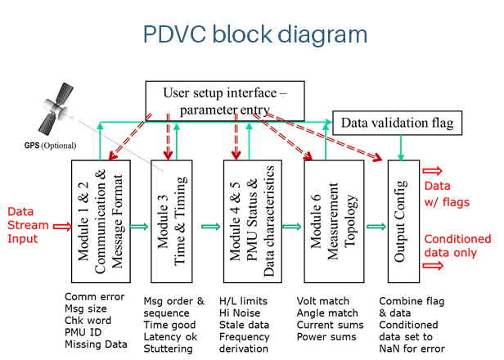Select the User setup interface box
(225, 101)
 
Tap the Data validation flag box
(397, 123)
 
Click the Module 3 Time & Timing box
(172, 222)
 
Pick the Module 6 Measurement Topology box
(334, 222)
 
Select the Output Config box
(403, 222)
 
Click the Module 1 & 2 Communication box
(101, 222)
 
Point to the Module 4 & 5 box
(253, 222)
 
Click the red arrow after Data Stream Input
(62, 227)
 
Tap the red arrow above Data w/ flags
(432, 171)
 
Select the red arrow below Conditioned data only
(433, 266)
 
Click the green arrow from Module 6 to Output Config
(376, 227)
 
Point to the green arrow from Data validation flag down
(401, 147)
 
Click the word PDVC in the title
(174, 34)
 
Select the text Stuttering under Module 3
(168, 349)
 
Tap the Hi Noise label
(240, 313)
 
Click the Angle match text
(327, 313)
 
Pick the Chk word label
(88, 321)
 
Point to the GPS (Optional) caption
(50, 146)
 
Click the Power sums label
(326, 337)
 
